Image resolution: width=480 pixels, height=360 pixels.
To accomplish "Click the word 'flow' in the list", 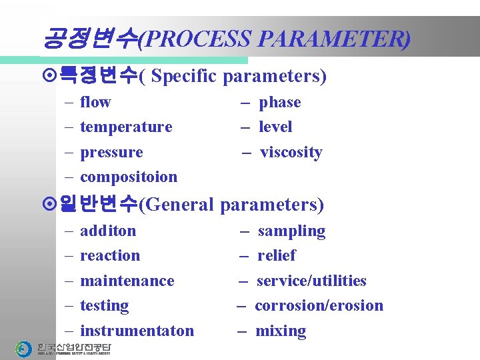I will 95,102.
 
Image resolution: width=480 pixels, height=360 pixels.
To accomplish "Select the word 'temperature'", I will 126,127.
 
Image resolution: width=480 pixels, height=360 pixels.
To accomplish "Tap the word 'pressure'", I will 111,152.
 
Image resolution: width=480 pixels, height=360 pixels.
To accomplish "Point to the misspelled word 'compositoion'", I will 129,177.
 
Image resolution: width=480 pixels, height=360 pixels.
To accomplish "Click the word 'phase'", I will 280,102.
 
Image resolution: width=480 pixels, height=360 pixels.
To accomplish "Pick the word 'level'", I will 275,127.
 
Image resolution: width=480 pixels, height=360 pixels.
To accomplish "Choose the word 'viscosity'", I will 291,152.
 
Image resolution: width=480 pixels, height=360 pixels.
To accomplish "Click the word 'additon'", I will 108,231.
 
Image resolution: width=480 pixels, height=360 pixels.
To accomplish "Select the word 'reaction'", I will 110,255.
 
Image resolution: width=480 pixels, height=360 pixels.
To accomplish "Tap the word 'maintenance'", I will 127,281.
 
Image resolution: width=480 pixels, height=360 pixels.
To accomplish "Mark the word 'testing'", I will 104,305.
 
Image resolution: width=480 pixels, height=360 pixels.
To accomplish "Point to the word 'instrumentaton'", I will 137,331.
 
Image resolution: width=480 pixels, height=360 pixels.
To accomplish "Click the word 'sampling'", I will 291,231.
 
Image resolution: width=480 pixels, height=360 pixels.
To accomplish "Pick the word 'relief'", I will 276,255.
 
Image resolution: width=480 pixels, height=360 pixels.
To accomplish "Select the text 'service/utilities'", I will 311,281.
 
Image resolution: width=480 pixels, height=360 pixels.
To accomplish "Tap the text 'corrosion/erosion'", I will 319,305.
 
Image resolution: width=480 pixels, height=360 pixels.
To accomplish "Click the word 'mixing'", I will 281,331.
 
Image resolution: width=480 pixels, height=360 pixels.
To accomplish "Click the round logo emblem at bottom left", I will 24,349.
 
